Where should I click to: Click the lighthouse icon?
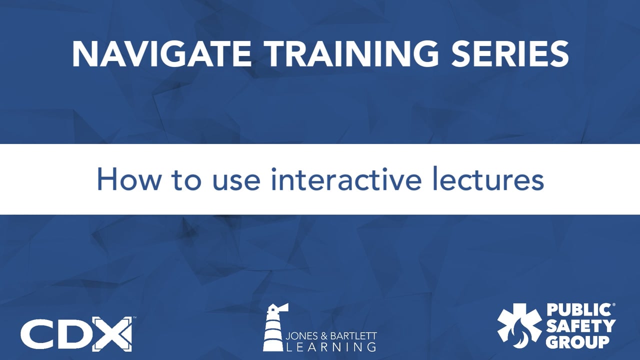point(274,327)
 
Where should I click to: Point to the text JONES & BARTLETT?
point(331,335)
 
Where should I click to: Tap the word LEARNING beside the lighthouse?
point(331,346)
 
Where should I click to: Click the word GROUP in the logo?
point(577,342)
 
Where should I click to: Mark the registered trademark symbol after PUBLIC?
point(613,305)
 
